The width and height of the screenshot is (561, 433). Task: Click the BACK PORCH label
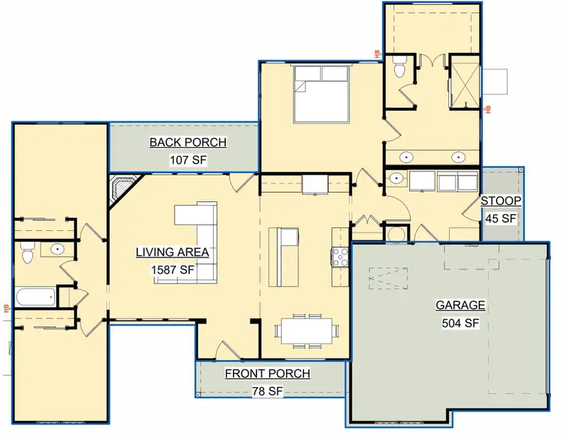coord(188,142)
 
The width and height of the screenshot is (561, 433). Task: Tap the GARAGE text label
coord(460,305)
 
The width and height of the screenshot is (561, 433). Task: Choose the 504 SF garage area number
coord(460,323)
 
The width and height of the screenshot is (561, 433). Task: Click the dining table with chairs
coord(306,331)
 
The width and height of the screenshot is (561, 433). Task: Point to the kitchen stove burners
coord(339,256)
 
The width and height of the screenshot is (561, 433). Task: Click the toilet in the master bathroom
coord(400,67)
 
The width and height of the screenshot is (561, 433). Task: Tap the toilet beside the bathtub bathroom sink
coord(27,253)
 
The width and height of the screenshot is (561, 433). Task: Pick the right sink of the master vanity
coord(458,157)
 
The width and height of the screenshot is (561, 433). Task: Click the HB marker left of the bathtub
coord(6,308)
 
